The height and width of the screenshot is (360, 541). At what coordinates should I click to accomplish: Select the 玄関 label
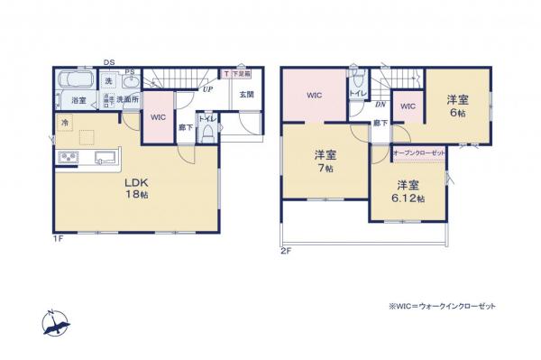[x=246, y=94]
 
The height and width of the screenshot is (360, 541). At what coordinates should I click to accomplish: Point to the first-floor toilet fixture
[x=207, y=134]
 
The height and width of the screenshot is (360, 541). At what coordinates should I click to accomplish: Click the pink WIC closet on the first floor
[x=158, y=118]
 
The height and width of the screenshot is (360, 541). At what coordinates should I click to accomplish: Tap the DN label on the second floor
[x=380, y=105]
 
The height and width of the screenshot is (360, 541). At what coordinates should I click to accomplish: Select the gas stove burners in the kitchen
[x=69, y=158]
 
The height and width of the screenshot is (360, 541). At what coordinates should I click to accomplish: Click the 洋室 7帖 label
[x=325, y=160]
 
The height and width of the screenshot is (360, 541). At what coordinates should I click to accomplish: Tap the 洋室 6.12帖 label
[x=408, y=191]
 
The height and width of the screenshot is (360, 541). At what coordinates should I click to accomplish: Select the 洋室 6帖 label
[x=458, y=107]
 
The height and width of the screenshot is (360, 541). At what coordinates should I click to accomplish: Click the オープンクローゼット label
[x=419, y=153]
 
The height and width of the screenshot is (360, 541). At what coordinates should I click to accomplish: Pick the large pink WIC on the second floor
[x=314, y=95]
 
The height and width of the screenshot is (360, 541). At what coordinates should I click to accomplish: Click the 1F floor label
[x=58, y=237]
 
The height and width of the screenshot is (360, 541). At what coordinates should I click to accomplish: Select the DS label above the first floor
[x=108, y=61]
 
